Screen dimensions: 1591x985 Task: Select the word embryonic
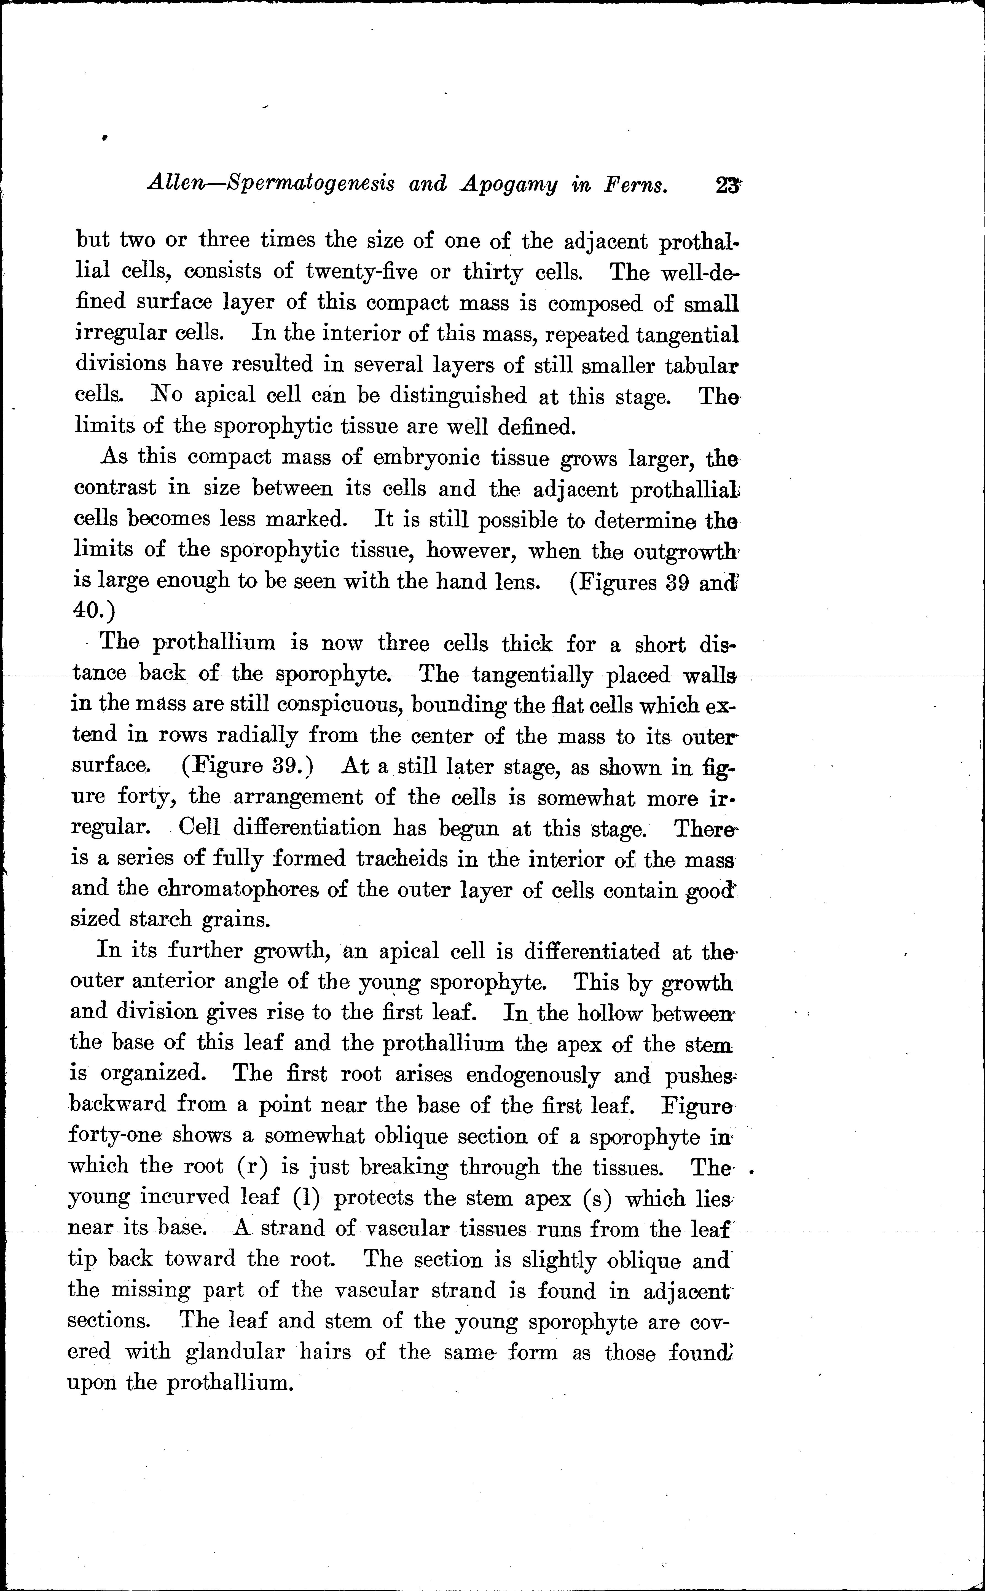(x=426, y=458)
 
